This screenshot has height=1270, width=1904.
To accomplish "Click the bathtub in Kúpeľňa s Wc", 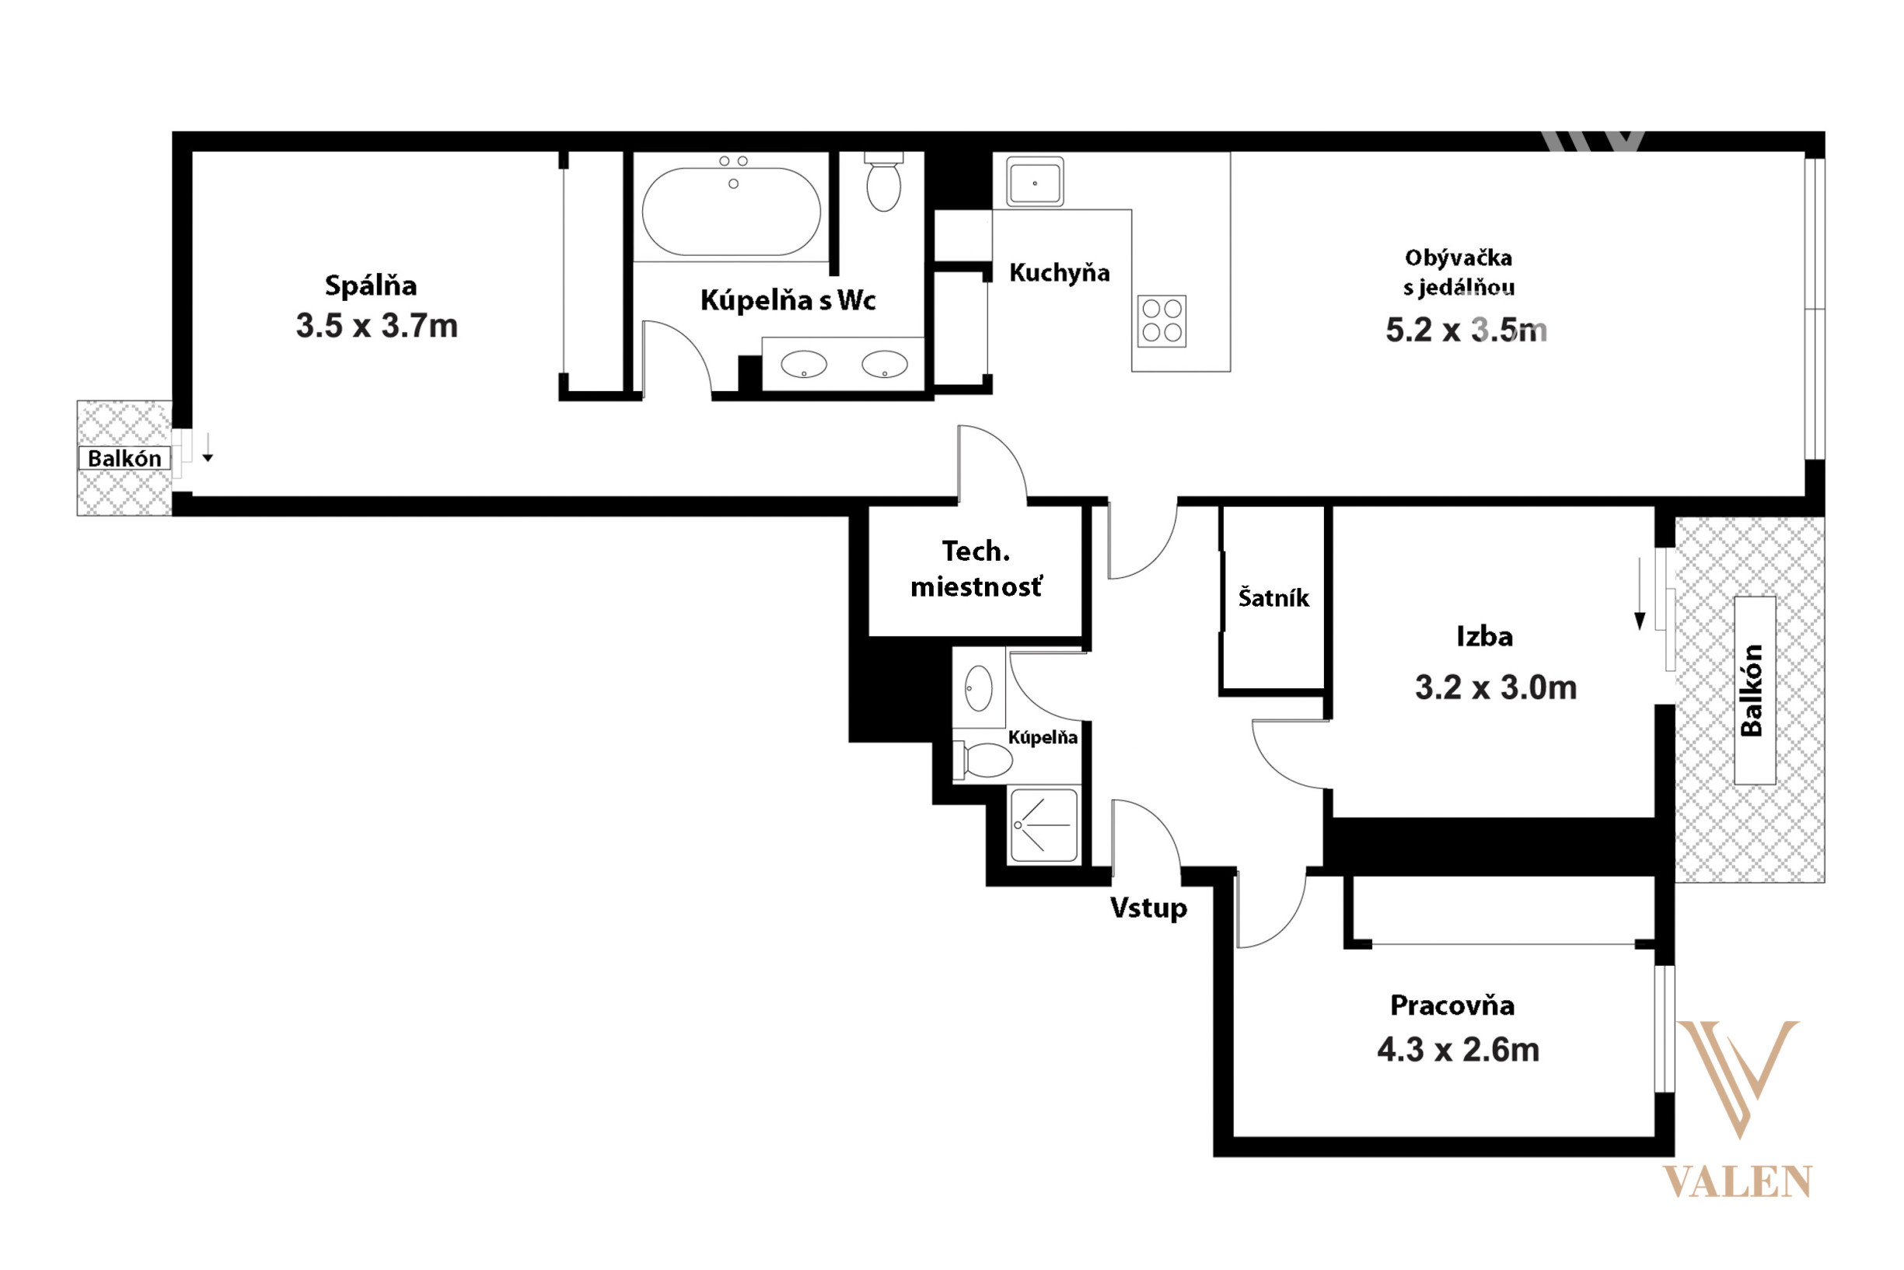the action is [731, 212].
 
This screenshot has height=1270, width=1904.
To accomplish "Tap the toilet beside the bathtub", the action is [883, 182].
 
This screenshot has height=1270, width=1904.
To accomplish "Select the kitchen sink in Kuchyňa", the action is [1035, 181].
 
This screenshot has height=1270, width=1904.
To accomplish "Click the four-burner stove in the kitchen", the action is [1162, 320].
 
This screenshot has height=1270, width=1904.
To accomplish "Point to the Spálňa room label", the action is [371, 285].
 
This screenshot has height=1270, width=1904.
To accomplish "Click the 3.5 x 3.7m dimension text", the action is [376, 326].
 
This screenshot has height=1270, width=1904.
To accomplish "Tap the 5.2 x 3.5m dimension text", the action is [1466, 330].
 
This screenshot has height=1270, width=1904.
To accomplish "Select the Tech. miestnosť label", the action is [976, 569].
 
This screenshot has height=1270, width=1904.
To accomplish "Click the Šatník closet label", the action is [1273, 598].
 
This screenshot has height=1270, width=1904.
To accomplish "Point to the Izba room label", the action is [1485, 637].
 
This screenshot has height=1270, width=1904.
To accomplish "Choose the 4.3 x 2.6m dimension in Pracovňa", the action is [1458, 1050].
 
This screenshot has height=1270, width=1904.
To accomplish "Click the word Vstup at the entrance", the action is [1148, 908].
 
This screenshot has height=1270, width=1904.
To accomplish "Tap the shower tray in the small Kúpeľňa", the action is [1044, 825].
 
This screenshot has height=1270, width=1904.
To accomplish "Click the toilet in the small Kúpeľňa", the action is [983, 760].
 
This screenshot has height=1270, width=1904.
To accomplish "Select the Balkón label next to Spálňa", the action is [124, 458].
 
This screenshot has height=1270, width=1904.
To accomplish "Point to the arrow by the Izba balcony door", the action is [1640, 593].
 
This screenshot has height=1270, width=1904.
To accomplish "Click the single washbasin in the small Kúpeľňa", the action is [979, 687].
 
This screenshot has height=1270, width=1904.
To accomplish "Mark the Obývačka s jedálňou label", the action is [1459, 272].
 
